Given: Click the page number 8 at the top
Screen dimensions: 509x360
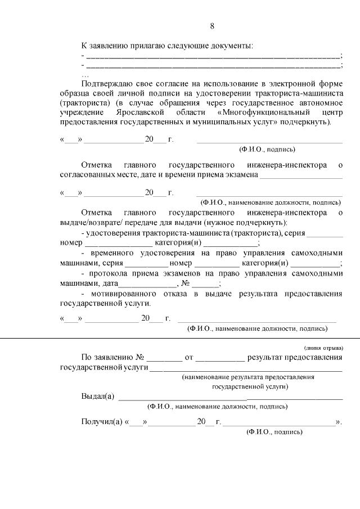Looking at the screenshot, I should [x=212, y=26].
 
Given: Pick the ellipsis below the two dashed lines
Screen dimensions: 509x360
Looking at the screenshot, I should [x=85, y=74].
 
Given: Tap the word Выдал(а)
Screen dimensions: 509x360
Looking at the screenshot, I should [x=98, y=396].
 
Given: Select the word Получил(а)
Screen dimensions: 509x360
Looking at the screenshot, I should [x=103, y=422].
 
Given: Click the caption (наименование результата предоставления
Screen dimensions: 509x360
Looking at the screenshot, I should [x=247, y=377].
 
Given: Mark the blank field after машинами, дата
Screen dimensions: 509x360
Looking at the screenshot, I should [x=143, y=284].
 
